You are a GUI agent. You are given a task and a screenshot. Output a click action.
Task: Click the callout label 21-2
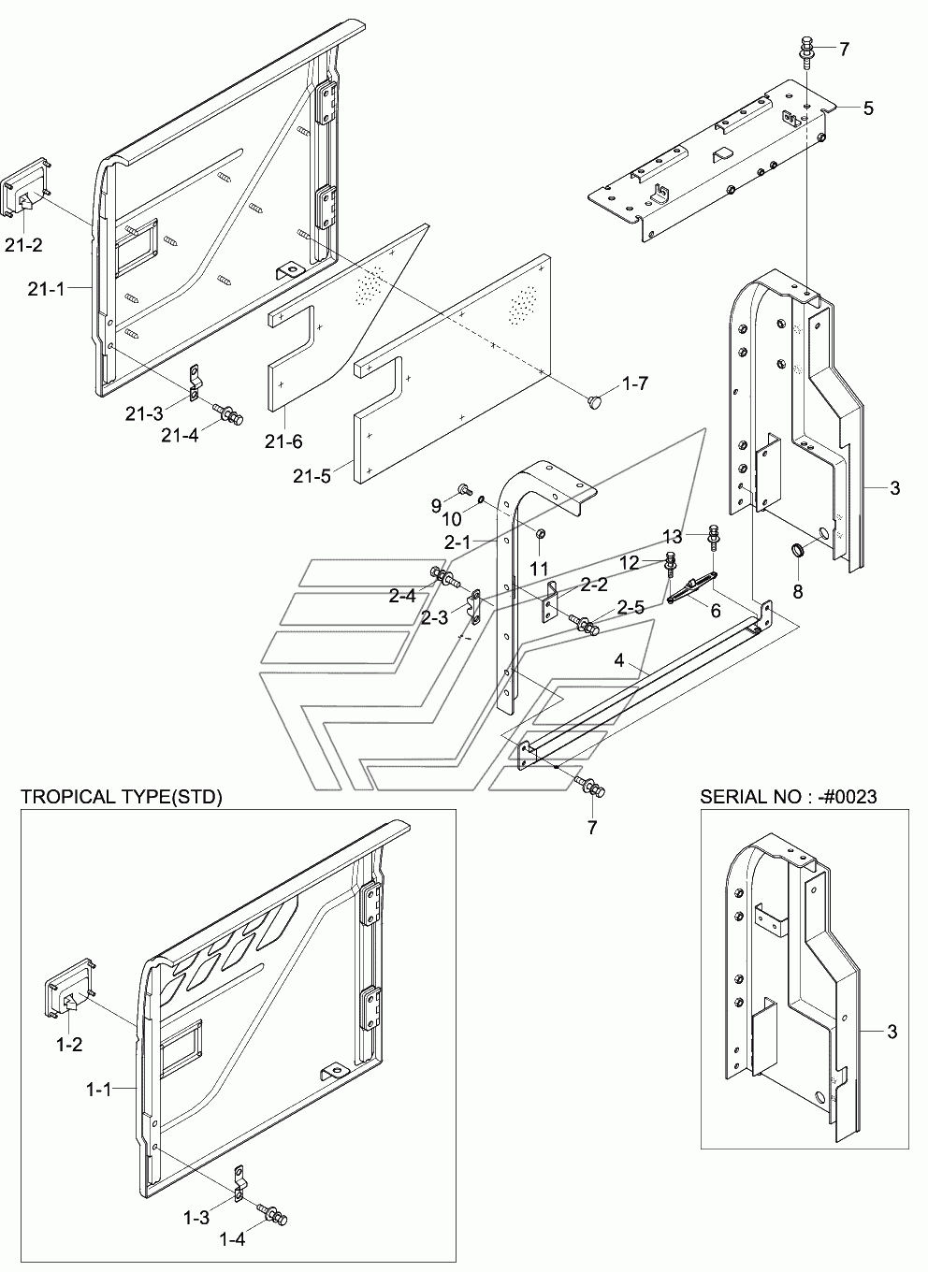(25, 245)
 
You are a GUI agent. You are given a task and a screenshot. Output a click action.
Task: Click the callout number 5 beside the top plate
(868, 108)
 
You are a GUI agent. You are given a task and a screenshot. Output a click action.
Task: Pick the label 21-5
(312, 475)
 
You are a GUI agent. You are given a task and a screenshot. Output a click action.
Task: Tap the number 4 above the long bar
(618, 660)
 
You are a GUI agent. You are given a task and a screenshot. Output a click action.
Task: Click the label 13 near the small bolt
(674, 536)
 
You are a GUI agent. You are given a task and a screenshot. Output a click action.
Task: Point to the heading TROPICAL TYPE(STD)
(122, 797)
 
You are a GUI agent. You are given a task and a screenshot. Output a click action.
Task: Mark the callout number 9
(436, 506)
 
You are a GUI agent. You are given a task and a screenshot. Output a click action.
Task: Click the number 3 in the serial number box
(892, 1032)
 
